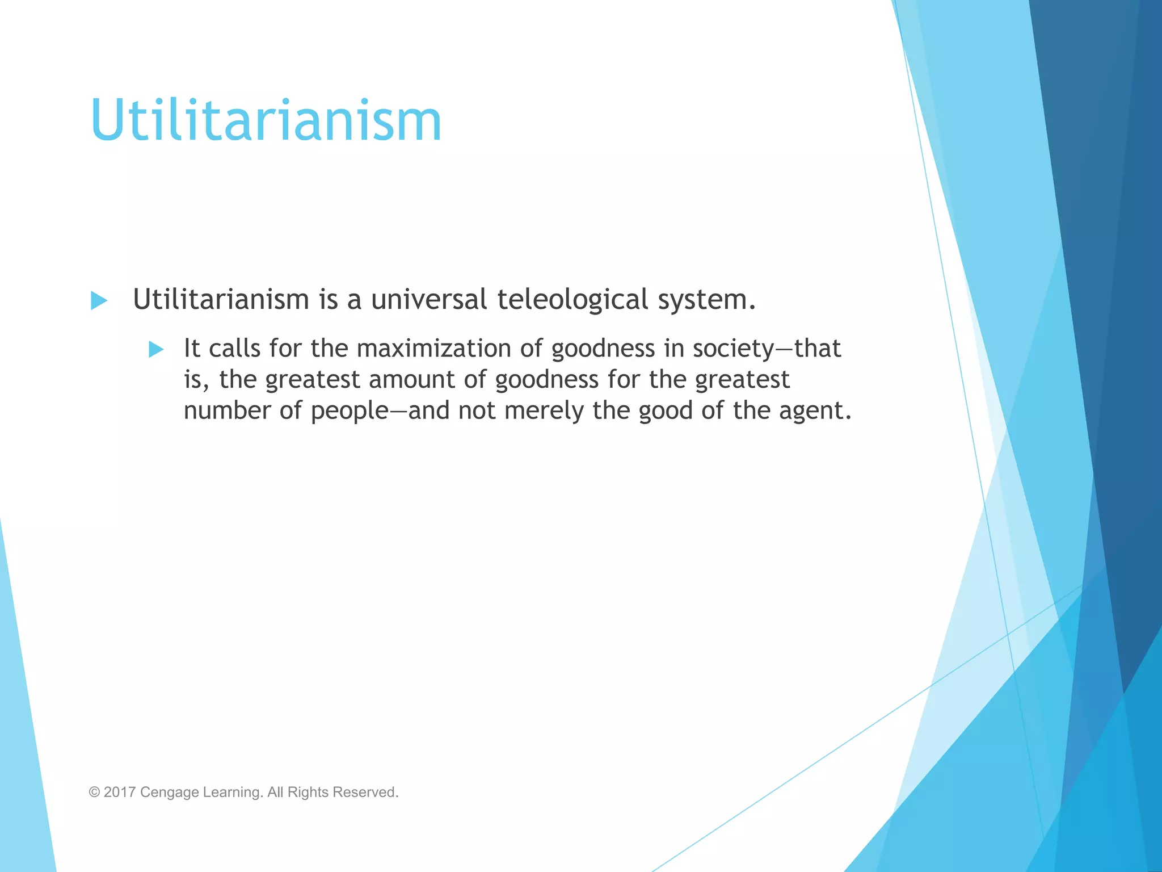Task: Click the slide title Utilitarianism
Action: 266,120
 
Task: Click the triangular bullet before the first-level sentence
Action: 99,300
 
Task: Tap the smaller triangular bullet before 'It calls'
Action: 156,349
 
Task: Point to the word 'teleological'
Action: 572,300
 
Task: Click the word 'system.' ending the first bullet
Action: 706,300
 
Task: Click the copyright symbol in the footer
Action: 94,792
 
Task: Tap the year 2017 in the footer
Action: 119,792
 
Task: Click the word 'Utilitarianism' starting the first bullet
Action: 221,299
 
